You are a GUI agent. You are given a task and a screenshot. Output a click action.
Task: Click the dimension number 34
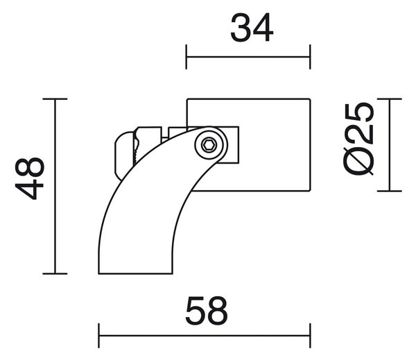click(252, 28)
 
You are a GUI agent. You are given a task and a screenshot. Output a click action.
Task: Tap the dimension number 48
click(29, 178)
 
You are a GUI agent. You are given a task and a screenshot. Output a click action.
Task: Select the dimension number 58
click(207, 311)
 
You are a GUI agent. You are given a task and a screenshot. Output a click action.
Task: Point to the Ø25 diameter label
click(358, 139)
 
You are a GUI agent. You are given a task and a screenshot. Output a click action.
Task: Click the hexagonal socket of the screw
click(209, 145)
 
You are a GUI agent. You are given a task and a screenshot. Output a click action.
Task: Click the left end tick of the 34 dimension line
click(187, 57)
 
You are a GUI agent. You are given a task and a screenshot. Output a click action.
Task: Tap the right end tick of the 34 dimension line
click(310, 57)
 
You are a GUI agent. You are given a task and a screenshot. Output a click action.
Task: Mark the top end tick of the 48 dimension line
click(55, 98)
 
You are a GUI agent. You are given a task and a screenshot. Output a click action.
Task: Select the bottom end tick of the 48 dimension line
click(55, 273)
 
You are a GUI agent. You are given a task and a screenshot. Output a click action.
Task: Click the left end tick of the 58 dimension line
click(98, 336)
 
